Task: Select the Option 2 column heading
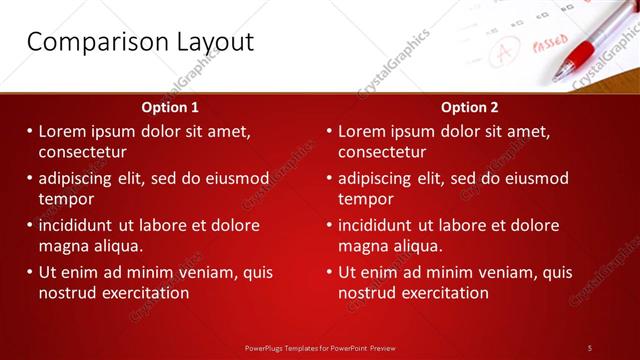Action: pos(469,107)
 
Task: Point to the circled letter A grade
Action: pos(504,48)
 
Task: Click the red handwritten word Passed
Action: pos(549,45)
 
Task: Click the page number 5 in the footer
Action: pos(590,347)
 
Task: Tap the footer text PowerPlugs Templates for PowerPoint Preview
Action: pos(320,347)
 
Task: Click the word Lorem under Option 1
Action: pos(65,131)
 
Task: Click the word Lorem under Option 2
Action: pos(365,131)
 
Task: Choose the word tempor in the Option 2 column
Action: pos(366,199)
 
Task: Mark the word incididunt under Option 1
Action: pos(83,225)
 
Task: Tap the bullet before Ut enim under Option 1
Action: pos(30,272)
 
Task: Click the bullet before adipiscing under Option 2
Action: pos(330,178)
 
